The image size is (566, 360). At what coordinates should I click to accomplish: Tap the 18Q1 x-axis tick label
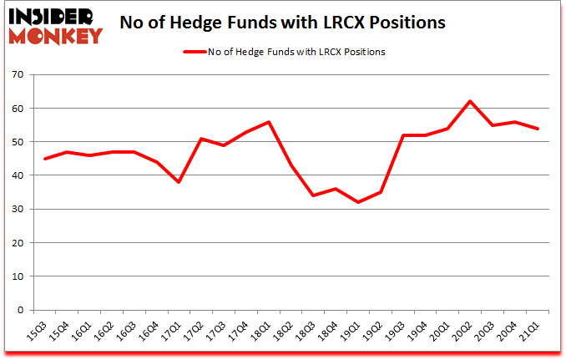point(262,333)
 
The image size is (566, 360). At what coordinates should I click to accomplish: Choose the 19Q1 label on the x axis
point(352,333)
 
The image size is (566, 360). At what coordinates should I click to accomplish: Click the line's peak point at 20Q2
point(470,102)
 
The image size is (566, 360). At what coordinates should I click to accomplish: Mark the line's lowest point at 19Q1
point(357,202)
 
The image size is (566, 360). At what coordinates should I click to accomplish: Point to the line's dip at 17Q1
point(177,182)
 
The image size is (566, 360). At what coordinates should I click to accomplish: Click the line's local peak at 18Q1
point(268,122)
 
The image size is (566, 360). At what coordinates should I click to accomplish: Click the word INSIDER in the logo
point(52,17)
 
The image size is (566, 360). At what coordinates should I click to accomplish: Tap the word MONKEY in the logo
point(55,36)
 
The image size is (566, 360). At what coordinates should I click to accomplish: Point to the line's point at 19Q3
point(402,135)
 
